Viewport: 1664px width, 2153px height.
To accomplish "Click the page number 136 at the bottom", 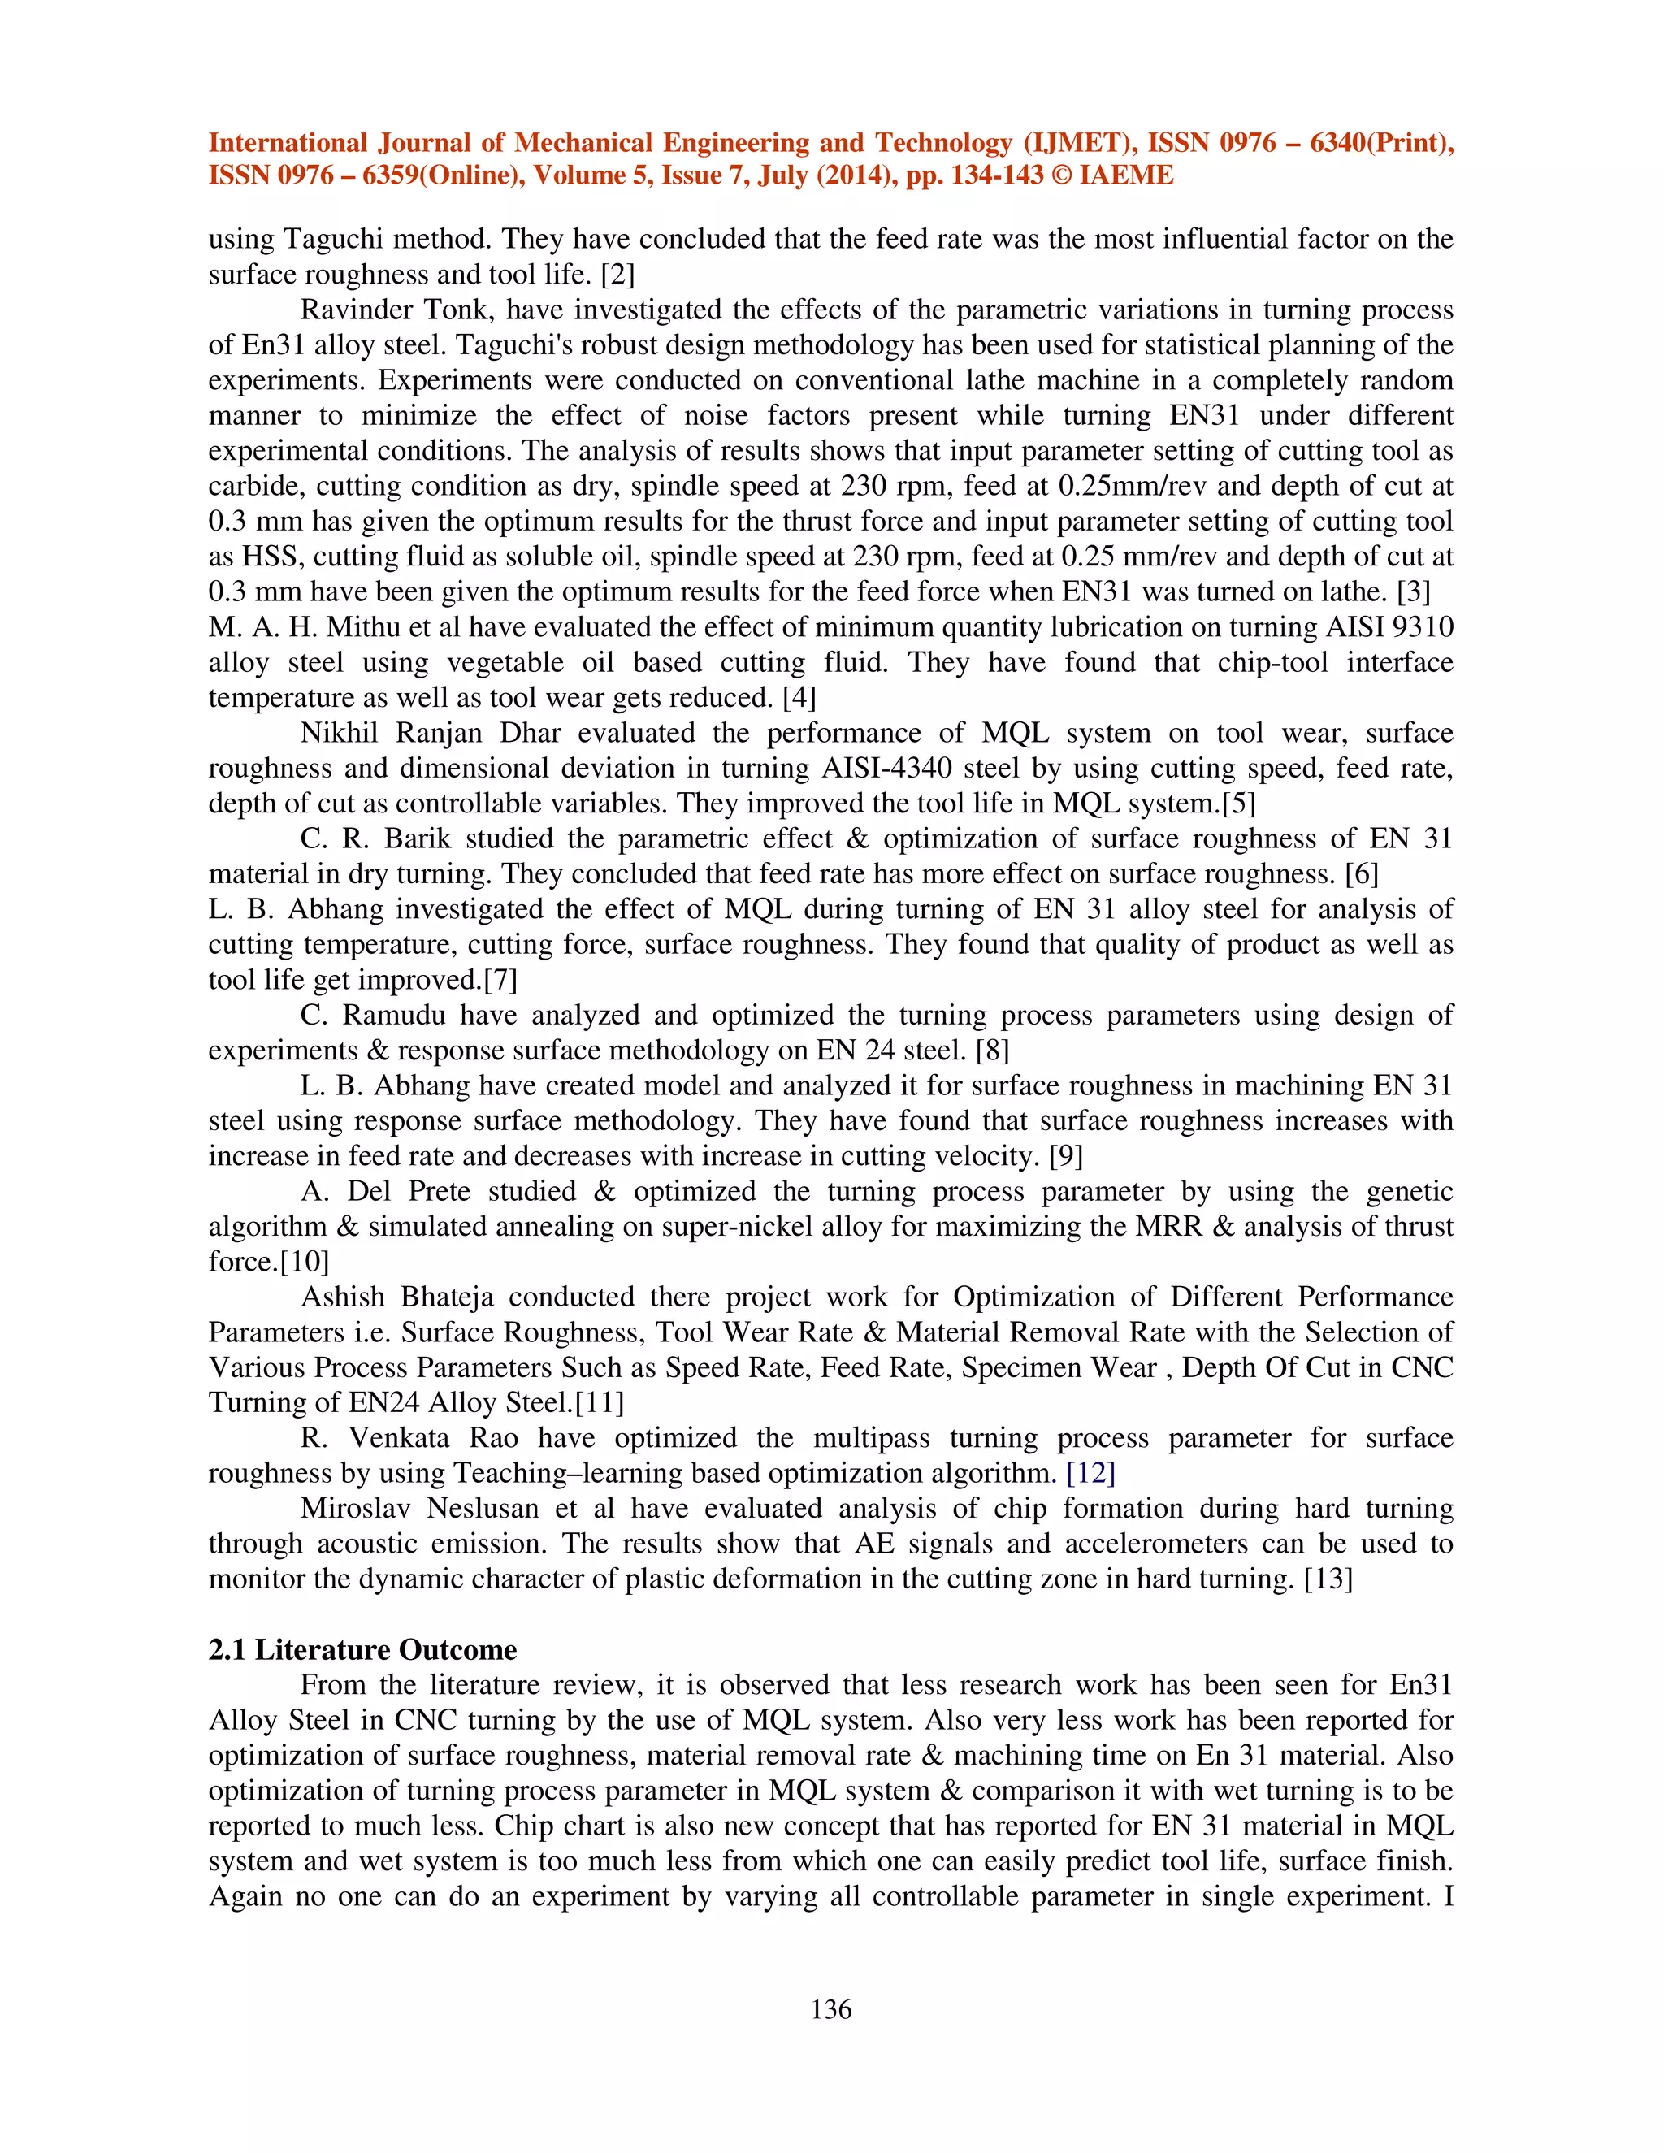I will point(831,2009).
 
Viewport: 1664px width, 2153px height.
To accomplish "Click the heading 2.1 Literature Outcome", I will point(362,1649).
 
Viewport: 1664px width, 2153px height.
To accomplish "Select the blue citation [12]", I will point(1090,1473).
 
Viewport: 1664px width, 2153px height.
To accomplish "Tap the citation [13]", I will point(1328,1579).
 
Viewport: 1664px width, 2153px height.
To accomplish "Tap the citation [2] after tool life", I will point(617,274).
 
